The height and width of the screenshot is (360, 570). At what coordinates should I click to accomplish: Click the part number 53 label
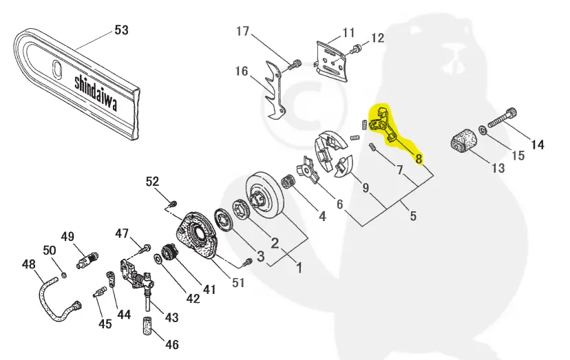[x=121, y=30]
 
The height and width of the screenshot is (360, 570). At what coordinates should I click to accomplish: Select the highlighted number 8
[x=419, y=159]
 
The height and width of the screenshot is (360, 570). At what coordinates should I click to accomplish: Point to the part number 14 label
[x=537, y=145]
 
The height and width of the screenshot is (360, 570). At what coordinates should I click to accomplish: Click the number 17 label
[x=243, y=31]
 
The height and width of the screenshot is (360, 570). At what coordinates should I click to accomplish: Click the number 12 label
[x=378, y=37]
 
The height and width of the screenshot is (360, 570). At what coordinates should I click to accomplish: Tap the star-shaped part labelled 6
[x=308, y=170]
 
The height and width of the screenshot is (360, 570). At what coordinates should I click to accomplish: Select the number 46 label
[x=171, y=344]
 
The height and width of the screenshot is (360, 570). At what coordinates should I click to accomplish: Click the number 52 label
[x=152, y=181]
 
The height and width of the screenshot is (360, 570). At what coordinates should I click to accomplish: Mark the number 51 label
[x=238, y=282]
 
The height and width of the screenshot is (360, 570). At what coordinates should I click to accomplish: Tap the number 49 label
[x=67, y=237]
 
